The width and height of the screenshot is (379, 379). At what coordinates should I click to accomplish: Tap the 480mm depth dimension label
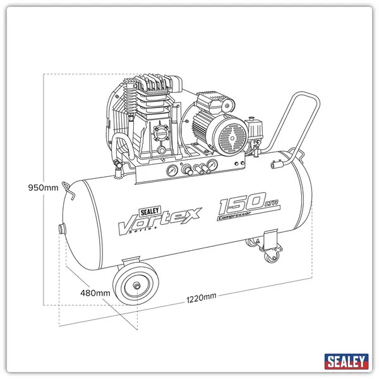point(95,292)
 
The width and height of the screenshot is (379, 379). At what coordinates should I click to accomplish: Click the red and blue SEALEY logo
point(346,361)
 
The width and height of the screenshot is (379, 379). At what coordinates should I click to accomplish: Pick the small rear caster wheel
point(270,256)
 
